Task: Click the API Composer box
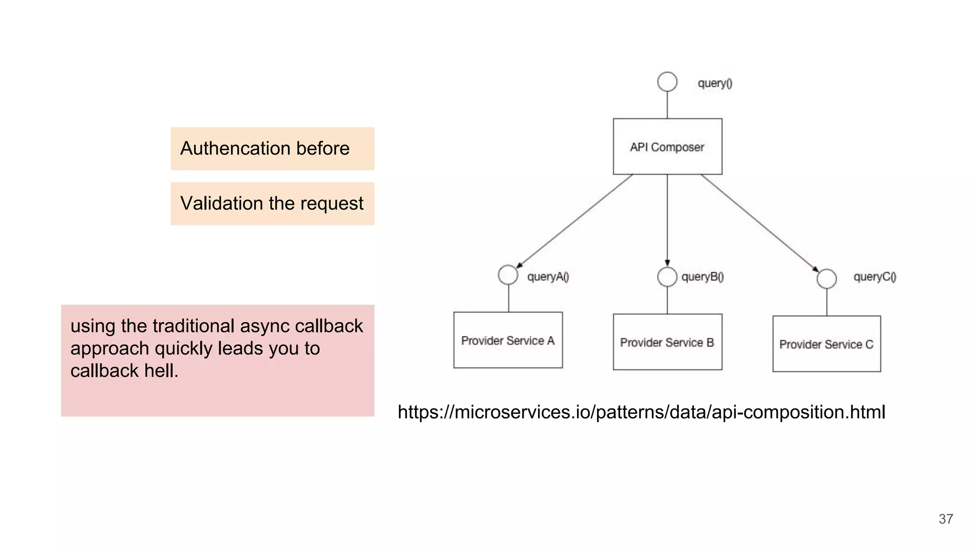pos(667,146)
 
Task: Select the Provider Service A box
pos(508,340)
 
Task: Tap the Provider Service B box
pos(667,342)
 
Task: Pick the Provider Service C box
pos(826,344)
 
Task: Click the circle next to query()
pos(667,81)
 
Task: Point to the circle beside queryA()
pos(508,275)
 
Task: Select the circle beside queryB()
pos(667,276)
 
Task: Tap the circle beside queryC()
pos(826,279)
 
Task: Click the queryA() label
pos(548,277)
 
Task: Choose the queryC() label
pos(874,277)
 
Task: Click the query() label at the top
pos(715,83)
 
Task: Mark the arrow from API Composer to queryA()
pos(574,221)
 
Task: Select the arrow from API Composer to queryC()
pos(760,223)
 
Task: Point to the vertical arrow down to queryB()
pos(667,219)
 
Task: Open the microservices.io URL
pos(641,412)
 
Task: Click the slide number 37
pos(945,519)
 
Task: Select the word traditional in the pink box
pos(193,326)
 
